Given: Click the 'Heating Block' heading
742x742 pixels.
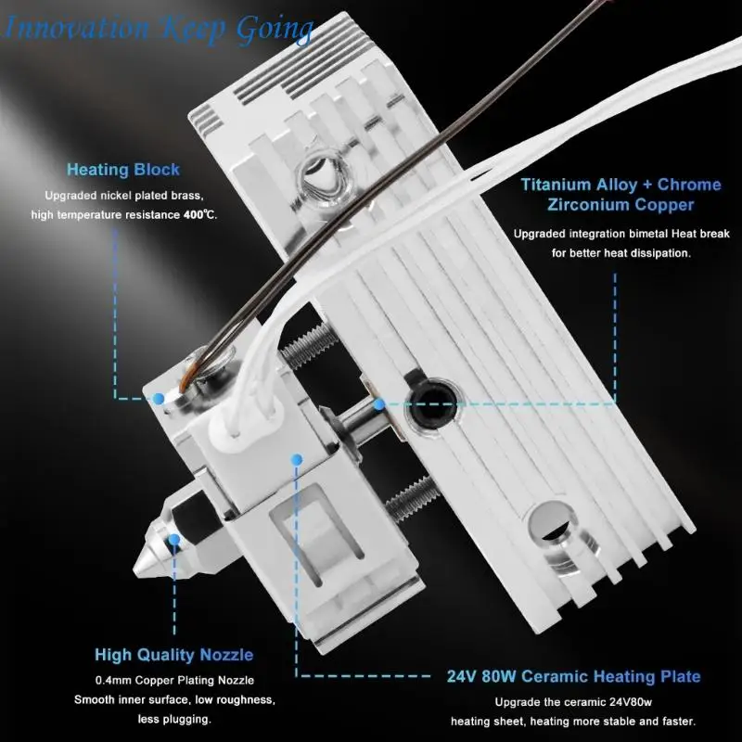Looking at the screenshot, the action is point(123,170).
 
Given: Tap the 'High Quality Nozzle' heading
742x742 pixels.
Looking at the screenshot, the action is point(174,655).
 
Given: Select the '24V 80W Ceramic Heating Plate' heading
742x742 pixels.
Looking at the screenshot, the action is point(573,676).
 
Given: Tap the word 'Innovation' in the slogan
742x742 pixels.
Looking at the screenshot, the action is point(77,28).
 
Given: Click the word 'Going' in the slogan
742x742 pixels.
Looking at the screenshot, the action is point(275,30).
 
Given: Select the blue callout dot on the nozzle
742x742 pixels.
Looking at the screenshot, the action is point(174,539).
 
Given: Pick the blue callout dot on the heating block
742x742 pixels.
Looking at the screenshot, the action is point(159,399).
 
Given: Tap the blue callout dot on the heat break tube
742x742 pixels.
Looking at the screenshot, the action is point(379,404).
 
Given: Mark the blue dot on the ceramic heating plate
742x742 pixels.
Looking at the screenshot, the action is point(297,458).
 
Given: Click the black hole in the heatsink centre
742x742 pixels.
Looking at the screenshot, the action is point(432,404).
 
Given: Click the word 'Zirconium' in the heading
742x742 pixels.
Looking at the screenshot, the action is point(587,204).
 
